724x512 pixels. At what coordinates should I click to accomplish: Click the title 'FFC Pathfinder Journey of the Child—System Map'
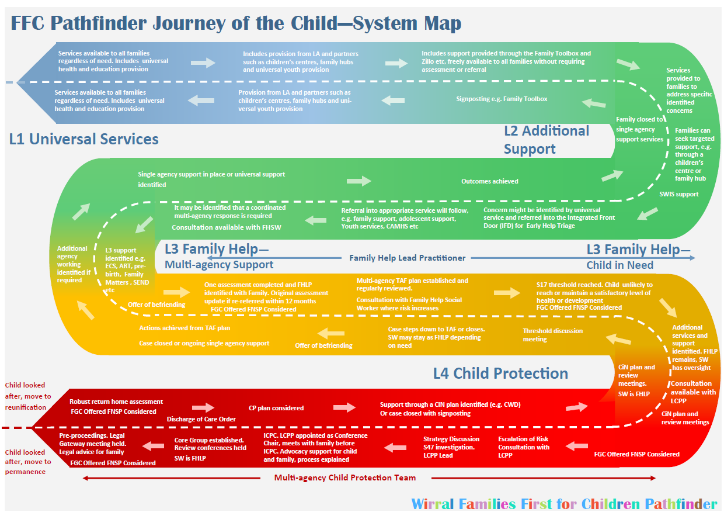coord(236,23)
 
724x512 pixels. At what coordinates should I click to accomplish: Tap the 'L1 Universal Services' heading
coord(84,139)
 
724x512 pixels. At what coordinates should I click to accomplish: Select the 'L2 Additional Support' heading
coord(546,140)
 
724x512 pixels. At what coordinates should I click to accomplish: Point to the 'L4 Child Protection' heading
coord(500,373)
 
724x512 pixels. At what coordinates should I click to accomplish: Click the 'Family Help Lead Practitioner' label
coord(408,258)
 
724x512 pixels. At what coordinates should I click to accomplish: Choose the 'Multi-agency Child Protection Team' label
coord(345,478)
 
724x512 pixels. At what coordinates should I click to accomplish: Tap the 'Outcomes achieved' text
coord(490,181)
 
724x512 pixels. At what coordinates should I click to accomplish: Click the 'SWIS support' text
coord(679,194)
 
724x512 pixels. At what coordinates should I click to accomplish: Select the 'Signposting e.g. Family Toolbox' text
coord(502,99)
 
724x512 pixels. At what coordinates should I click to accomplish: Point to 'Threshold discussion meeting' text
coord(552,334)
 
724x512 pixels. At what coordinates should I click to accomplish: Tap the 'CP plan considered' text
coord(276,408)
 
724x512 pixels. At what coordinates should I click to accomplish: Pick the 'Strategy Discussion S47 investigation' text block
coord(451,447)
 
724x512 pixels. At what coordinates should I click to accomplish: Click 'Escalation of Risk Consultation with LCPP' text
coord(524,447)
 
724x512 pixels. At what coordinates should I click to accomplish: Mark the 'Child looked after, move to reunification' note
coord(28,396)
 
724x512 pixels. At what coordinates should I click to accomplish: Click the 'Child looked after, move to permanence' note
coord(28,462)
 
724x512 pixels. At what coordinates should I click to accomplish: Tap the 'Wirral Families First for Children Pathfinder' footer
coord(564,504)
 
